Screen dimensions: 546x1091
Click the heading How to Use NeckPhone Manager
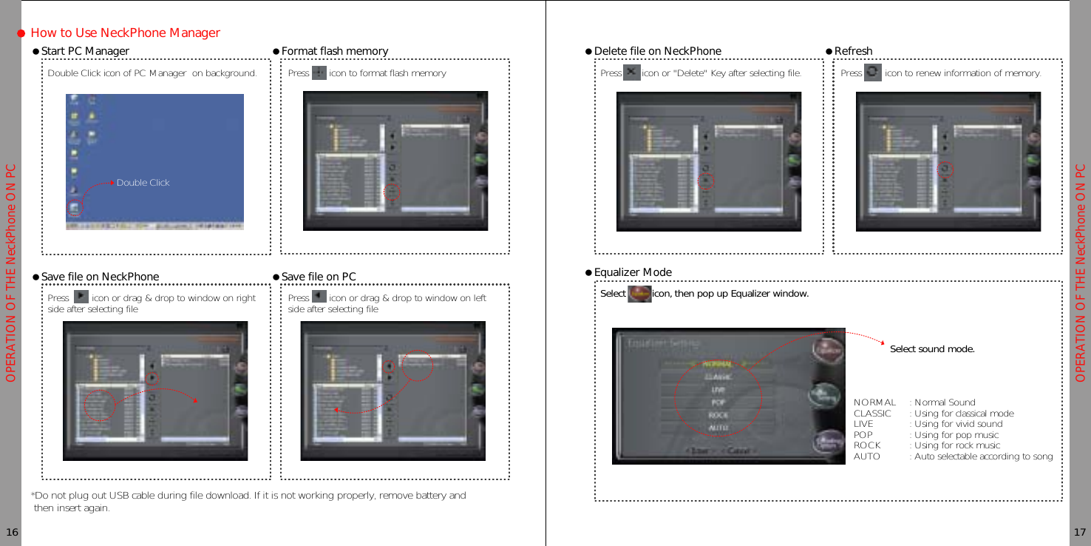tap(125, 33)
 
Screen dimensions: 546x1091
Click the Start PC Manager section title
tap(85, 51)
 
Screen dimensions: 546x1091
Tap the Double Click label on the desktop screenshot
tap(143, 183)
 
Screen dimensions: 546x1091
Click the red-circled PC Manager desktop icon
tap(74, 208)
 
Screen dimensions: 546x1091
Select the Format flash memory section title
tap(334, 51)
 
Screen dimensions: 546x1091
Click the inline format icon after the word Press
tap(319, 73)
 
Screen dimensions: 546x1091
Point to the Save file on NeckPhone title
tap(100, 277)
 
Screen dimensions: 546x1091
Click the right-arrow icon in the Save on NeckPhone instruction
tap(81, 297)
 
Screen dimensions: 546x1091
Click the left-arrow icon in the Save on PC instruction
tap(319, 297)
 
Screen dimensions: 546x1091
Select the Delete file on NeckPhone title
tap(657, 51)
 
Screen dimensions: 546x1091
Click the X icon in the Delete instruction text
tap(631, 73)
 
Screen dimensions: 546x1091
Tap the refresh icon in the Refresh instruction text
tap(872, 73)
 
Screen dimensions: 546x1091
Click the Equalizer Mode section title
tap(633, 272)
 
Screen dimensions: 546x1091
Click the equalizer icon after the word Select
tap(639, 294)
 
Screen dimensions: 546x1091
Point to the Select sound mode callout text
tap(931, 349)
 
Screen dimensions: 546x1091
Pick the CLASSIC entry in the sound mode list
tap(872, 414)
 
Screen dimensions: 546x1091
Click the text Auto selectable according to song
tap(983, 456)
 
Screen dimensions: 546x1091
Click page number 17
tap(1079, 533)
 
